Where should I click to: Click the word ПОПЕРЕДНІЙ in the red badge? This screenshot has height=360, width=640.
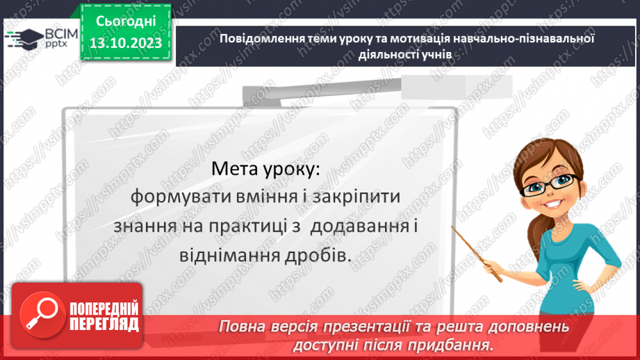click(x=104, y=308)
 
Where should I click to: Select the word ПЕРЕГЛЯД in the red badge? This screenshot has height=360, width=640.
click(x=104, y=324)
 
